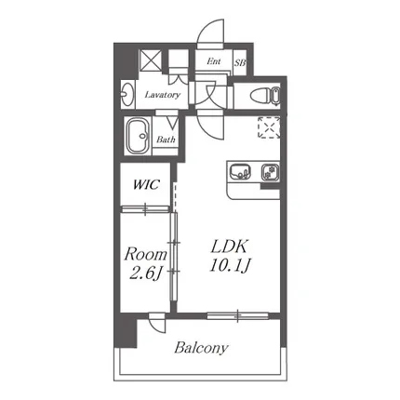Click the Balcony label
pos(201,348)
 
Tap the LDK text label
pos(229,247)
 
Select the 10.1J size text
pos(230,266)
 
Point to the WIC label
pos(146,184)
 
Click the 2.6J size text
pos(145,273)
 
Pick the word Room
pos(145,255)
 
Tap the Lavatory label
pos(162,95)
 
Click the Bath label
pos(166,140)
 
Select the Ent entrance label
pos(214,61)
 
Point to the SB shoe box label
pos(240,63)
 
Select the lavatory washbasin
pos(127,94)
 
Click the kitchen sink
pos(240,171)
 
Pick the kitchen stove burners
pos(270,172)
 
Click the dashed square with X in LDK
pos(269,127)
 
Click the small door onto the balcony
pos(157,323)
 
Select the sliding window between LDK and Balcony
pos(237,315)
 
